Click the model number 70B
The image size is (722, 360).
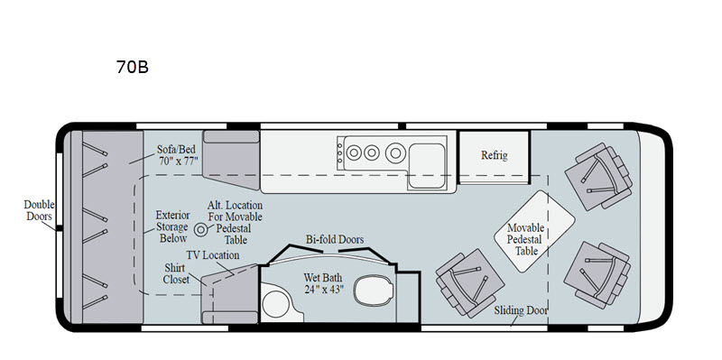pyautogui.click(x=132, y=67)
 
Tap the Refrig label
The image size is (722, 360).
pyautogui.click(x=494, y=155)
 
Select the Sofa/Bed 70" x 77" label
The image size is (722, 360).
pyautogui.click(x=177, y=154)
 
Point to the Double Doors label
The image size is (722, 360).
pyautogui.click(x=39, y=210)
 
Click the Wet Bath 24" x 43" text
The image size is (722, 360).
pyautogui.click(x=324, y=283)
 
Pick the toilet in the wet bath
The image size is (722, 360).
pyautogui.click(x=374, y=290)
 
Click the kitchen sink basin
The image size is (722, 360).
pyautogui.click(x=427, y=165)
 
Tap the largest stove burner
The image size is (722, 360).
pyautogui.click(x=395, y=152)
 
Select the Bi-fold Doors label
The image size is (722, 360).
pyautogui.click(x=335, y=239)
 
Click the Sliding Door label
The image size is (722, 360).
pyautogui.click(x=521, y=310)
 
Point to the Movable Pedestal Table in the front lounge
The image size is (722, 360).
pyautogui.click(x=534, y=231)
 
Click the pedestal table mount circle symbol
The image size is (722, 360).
pyautogui.click(x=200, y=230)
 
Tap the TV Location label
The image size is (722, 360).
pyautogui.click(x=213, y=255)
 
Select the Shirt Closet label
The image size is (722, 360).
pyautogui.click(x=176, y=273)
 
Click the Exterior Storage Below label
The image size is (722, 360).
pyautogui.click(x=172, y=226)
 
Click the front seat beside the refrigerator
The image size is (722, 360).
pyautogui.click(x=598, y=176)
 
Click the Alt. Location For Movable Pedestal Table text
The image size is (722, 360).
pyautogui.click(x=235, y=222)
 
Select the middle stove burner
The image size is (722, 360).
pyautogui.click(x=372, y=152)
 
